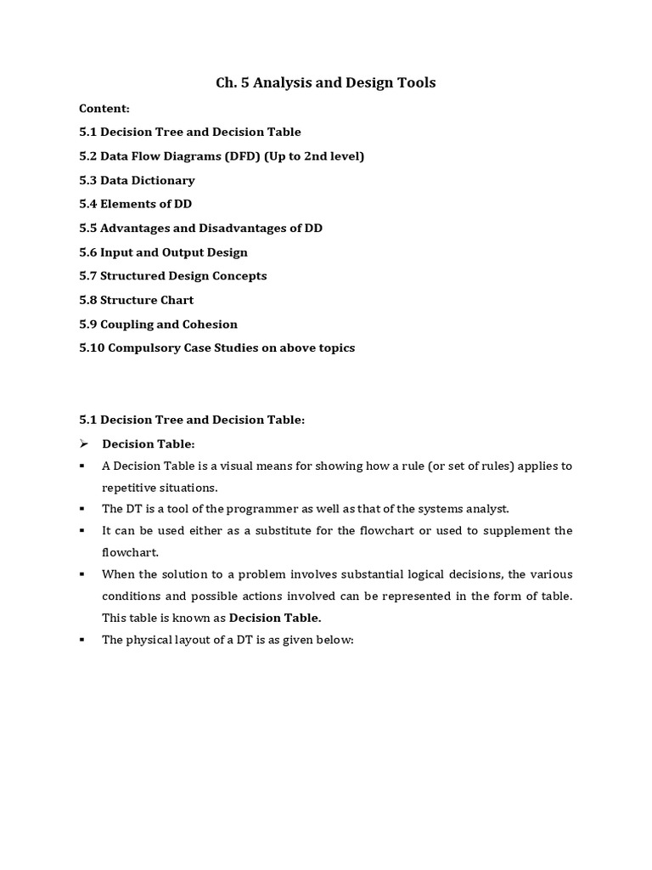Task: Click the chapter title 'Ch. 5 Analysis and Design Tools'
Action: pyautogui.click(x=326, y=82)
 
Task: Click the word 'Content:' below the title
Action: pyautogui.click(x=104, y=109)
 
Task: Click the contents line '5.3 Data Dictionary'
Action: pyautogui.click(x=137, y=180)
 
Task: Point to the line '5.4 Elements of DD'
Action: pyautogui.click(x=135, y=204)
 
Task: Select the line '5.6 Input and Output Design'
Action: pyautogui.click(x=163, y=252)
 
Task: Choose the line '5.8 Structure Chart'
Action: pyautogui.click(x=136, y=300)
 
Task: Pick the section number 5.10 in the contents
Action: pyautogui.click(x=91, y=348)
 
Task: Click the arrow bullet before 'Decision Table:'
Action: pyautogui.click(x=84, y=443)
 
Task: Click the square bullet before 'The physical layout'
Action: pyautogui.click(x=82, y=639)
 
